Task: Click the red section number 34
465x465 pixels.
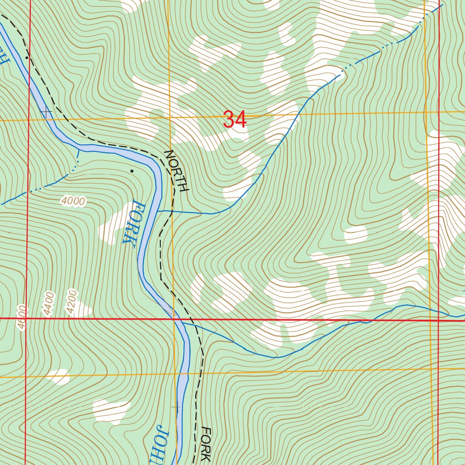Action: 235,120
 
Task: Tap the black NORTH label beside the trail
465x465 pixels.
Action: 176,171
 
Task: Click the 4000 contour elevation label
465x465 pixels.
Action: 73,201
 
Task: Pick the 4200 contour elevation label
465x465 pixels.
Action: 72,301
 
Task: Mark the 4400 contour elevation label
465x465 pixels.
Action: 48,304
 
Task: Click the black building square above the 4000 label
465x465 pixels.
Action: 132,171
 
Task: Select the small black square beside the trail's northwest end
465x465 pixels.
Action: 27,58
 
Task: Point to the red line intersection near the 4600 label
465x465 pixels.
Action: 26,319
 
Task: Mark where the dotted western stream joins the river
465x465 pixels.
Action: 79,149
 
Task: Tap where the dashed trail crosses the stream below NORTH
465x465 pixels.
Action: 171,212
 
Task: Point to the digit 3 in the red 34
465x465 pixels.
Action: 229,120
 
